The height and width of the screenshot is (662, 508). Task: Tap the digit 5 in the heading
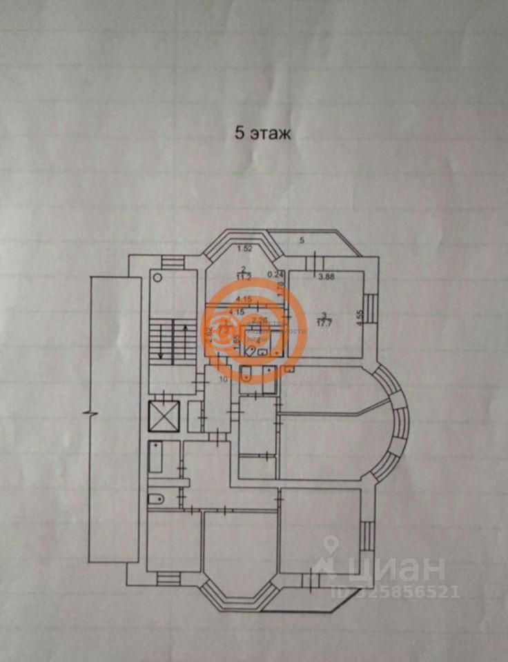[x=240, y=134]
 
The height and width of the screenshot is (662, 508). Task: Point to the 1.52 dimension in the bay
[x=243, y=248]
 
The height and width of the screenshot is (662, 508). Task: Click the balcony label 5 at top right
[x=302, y=240]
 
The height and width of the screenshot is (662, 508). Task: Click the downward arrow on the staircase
[x=160, y=345]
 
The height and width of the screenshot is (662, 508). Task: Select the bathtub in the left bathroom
[x=155, y=457]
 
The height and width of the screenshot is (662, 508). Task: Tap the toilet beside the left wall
[x=156, y=498]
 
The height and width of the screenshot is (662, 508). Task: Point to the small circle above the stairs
[x=157, y=277]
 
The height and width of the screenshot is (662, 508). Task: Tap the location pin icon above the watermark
[x=331, y=545]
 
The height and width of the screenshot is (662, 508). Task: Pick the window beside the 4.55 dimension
[x=370, y=308]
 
